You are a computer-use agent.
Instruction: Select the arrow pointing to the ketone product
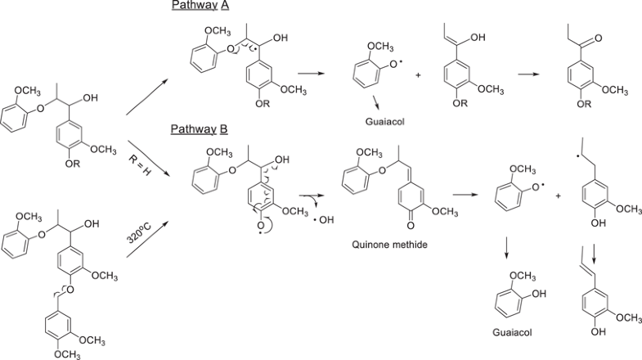point(540,74)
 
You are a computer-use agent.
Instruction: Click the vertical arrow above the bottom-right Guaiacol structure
point(506,250)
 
